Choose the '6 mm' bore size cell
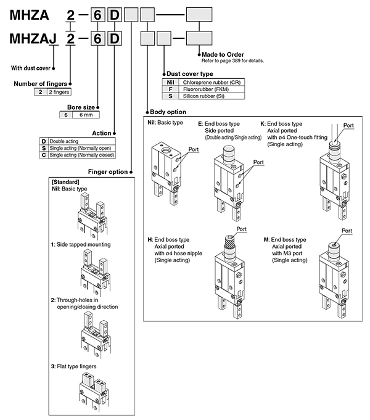(82, 115)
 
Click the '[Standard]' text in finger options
(65, 183)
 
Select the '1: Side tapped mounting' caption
(81, 245)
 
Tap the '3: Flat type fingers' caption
(78, 366)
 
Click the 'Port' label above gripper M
(348, 230)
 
